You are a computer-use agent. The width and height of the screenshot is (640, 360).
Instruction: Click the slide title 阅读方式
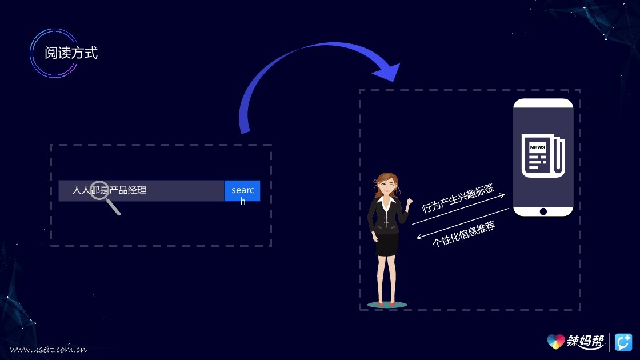pyautogui.click(x=71, y=53)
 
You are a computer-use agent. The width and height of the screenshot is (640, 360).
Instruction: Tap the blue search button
pyautogui.click(x=242, y=191)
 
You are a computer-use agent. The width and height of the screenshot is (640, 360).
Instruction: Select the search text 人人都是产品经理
pyautogui.click(x=109, y=190)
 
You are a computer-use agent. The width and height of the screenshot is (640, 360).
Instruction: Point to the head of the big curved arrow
pyautogui.click(x=389, y=71)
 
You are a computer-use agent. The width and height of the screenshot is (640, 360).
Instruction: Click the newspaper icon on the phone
pyautogui.click(x=542, y=155)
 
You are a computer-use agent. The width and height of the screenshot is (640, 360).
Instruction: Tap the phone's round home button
pyautogui.click(x=543, y=211)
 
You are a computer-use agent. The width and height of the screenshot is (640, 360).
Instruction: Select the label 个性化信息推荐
pyautogui.click(x=464, y=234)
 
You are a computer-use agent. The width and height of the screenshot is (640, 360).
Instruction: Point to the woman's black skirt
pyautogui.click(x=387, y=244)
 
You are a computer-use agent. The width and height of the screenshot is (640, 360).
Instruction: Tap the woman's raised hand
pyautogui.click(x=409, y=202)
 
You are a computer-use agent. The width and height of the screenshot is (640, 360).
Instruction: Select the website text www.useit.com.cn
pyautogui.click(x=48, y=349)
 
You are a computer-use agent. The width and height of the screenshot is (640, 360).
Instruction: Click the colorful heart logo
pyautogui.click(x=555, y=341)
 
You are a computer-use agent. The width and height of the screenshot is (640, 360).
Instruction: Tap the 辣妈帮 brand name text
pyautogui.click(x=586, y=342)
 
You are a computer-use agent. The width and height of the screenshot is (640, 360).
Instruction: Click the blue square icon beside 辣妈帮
pyautogui.click(x=623, y=342)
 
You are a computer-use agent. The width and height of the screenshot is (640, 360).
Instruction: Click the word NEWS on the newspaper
pyautogui.click(x=537, y=147)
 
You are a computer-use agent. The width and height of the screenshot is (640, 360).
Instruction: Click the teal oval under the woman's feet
pyautogui.click(x=387, y=305)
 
